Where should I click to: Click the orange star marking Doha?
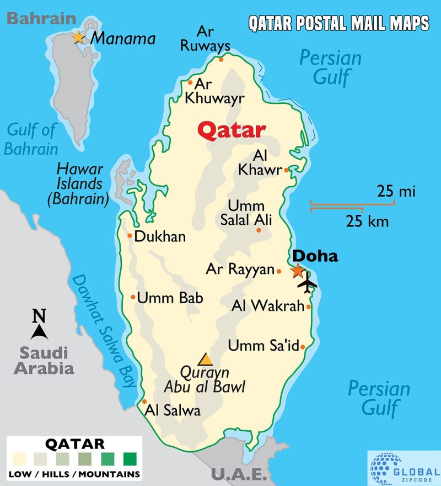click(298, 271)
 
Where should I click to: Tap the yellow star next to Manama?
click(78, 38)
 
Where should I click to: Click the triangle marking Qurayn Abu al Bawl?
click(206, 360)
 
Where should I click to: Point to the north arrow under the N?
click(39, 332)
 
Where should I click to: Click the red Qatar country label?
click(232, 130)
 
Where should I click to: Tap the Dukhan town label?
click(160, 236)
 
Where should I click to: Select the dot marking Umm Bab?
click(133, 297)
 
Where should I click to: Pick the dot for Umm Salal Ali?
click(259, 230)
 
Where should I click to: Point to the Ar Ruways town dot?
click(221, 59)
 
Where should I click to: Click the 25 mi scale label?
click(396, 192)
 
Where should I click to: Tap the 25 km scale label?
click(367, 222)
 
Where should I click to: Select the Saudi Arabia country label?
click(44, 360)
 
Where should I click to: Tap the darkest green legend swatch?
click(130, 458)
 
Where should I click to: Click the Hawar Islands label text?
click(80, 183)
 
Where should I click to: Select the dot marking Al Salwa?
click(144, 402)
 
